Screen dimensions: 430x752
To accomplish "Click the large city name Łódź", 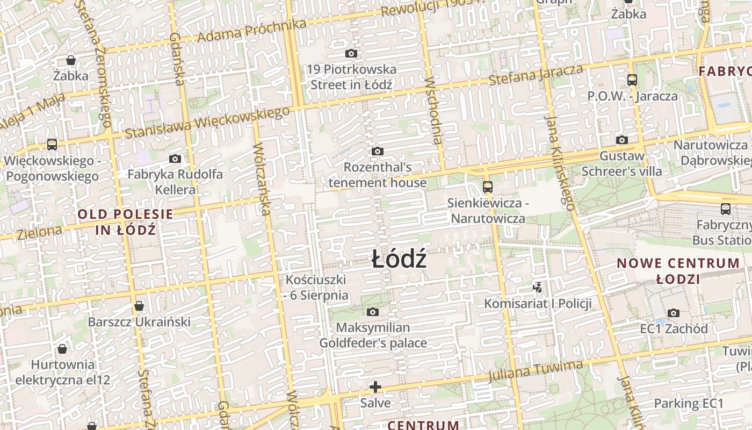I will (x=400, y=260).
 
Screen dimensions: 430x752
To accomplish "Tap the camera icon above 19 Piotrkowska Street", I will (x=351, y=54).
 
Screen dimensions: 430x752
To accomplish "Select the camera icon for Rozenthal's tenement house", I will (x=378, y=152).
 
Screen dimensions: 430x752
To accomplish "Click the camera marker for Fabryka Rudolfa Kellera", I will (x=175, y=159).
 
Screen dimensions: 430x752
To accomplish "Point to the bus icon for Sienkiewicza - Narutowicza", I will (x=487, y=187).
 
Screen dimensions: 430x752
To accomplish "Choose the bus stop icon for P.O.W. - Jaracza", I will (x=632, y=80).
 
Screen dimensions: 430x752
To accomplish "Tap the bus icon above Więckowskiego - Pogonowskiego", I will (x=52, y=145).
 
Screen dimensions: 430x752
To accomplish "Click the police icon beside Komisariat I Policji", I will (x=537, y=288).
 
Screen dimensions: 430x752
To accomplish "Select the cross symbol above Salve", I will (x=375, y=386).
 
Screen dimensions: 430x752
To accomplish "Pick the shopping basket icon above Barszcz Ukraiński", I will (x=139, y=306).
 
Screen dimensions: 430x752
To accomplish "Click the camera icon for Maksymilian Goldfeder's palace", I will (x=373, y=312).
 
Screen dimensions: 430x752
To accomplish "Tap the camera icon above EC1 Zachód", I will (x=674, y=313).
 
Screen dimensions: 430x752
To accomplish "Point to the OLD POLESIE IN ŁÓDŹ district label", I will (x=126, y=222).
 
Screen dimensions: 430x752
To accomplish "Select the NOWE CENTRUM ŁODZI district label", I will (x=678, y=271).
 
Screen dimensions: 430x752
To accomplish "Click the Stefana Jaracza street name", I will (x=536, y=75).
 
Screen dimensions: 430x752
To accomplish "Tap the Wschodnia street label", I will (x=434, y=111).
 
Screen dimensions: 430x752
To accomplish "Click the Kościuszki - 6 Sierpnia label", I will (x=316, y=288).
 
